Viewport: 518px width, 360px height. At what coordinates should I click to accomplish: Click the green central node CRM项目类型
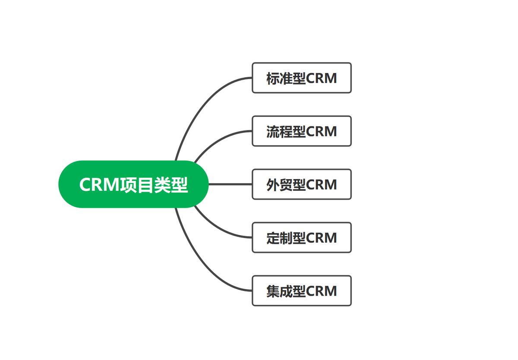pos(133,184)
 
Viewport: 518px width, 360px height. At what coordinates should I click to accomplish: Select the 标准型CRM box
pos(301,78)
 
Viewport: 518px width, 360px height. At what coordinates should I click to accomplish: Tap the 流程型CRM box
pos(301,131)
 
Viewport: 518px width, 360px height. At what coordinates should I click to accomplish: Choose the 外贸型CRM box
pos(301,184)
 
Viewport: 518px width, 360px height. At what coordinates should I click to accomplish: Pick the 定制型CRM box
pos(301,237)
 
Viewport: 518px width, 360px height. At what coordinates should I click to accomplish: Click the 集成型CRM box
pos(301,291)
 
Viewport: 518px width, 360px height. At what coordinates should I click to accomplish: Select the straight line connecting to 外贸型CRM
pos(230,184)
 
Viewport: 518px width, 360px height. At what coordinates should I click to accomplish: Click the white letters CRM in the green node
pos(99,185)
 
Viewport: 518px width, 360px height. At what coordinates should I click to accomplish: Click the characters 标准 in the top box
pos(279,78)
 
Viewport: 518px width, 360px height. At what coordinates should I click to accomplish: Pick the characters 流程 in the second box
pos(279,131)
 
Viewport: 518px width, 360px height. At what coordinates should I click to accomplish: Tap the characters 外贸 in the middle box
pos(279,185)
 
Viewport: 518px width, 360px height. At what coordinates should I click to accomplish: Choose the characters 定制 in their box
pos(279,238)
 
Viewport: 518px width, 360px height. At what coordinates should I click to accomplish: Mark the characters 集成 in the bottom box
pos(279,291)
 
